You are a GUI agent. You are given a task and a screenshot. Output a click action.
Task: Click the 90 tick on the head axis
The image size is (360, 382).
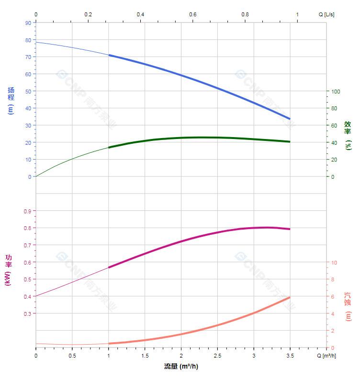[x=28, y=23]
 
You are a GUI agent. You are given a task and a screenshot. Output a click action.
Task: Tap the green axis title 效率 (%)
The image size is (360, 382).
[x=348, y=135]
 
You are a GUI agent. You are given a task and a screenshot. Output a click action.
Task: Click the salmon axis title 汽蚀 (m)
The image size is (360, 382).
[x=348, y=306]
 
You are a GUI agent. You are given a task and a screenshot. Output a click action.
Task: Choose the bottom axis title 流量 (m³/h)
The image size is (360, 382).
[x=181, y=366]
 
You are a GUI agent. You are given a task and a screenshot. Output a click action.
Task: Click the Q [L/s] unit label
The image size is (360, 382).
[x=326, y=14]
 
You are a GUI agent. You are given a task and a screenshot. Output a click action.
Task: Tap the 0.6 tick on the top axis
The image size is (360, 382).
[x=192, y=14]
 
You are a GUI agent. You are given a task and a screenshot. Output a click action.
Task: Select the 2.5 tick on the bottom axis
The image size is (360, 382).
[x=217, y=355]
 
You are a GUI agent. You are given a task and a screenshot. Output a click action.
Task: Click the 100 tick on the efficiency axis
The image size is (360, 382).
[x=336, y=91]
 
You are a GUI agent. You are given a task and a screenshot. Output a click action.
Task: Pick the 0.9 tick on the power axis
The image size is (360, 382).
[x=27, y=211]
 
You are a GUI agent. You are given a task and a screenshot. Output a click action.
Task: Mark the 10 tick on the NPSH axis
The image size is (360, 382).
[x=334, y=262]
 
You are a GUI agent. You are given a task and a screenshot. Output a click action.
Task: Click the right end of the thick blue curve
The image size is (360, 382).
[x=290, y=118]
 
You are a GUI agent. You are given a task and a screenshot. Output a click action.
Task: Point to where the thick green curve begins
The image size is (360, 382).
[x=109, y=147]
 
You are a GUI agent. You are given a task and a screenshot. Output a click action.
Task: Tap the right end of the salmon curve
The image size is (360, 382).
[x=290, y=298]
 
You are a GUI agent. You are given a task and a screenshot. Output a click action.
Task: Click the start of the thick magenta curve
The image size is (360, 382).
[x=109, y=267]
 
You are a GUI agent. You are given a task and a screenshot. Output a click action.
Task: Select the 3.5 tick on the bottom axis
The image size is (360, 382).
[x=290, y=355]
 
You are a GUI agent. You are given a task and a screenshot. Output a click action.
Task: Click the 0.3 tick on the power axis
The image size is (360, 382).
[x=27, y=313]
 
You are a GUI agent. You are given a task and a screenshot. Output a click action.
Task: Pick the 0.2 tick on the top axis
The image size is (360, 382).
[x=88, y=14]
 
